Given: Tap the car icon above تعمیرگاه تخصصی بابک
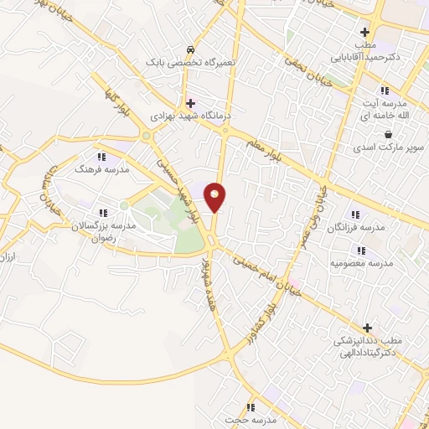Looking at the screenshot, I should tap(192, 49).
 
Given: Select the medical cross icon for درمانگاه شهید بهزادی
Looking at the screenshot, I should tap(192, 102).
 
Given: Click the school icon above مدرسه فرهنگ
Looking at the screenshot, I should tap(101, 156).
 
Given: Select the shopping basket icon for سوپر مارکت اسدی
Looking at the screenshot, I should tap(387, 134).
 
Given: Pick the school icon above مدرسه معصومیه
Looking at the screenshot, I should tap(362, 250).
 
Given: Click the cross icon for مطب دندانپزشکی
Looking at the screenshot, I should tap(367, 328).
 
